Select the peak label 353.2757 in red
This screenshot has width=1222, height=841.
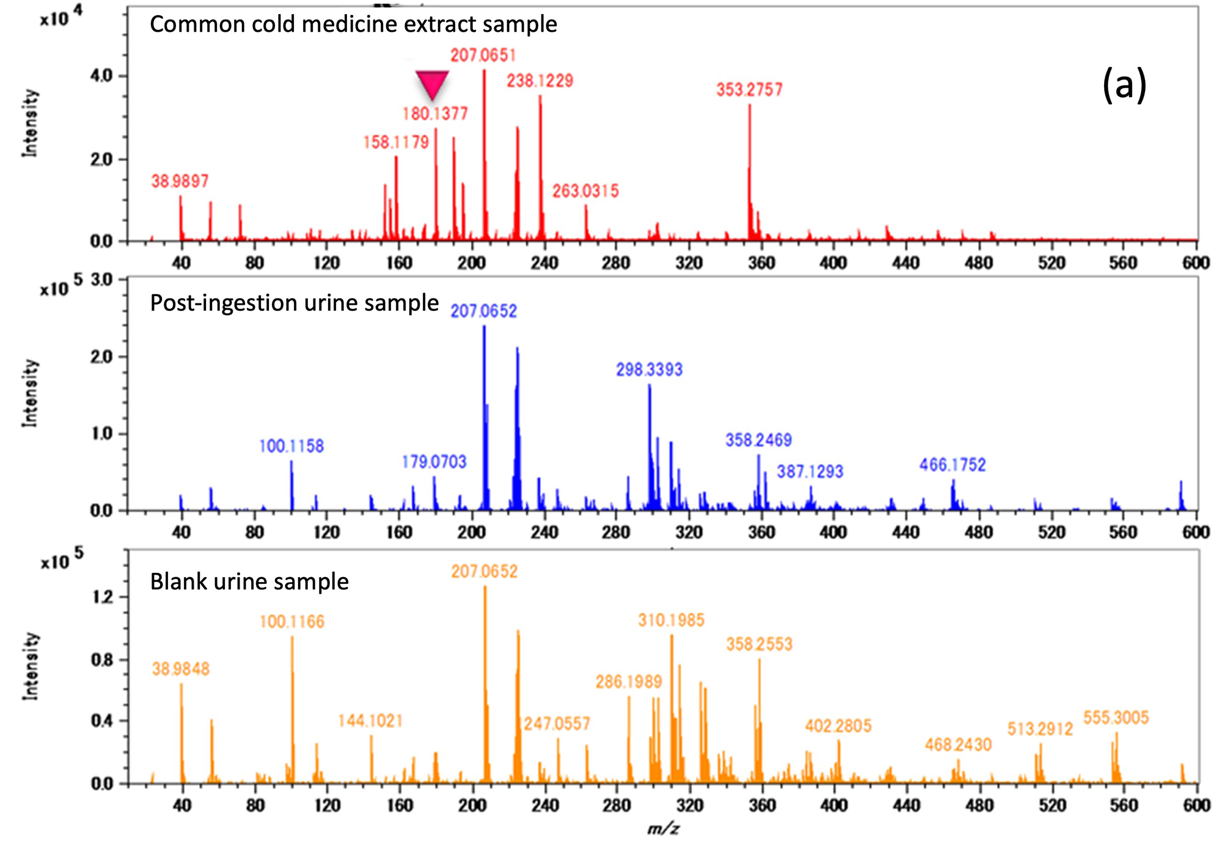[x=749, y=90]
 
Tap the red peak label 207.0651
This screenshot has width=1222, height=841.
[x=483, y=56]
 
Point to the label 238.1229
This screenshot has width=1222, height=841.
[x=540, y=81]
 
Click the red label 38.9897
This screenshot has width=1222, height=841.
[x=180, y=181]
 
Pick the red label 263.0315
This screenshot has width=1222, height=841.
[x=585, y=191]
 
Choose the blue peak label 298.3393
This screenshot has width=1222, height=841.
[x=649, y=370]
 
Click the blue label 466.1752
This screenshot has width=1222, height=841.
[x=953, y=465]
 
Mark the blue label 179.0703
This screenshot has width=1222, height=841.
[x=434, y=462]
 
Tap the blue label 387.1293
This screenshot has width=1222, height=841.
[x=810, y=471]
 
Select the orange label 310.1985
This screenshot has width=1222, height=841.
[x=671, y=621]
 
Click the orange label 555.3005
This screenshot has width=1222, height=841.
[x=1116, y=718]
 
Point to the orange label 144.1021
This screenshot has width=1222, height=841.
[x=370, y=721]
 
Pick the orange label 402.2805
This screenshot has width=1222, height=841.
[x=838, y=726]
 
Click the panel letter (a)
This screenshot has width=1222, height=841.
[x=1124, y=86]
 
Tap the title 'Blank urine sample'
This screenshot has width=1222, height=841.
[x=249, y=581]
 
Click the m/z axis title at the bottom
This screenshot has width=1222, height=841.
[x=663, y=829]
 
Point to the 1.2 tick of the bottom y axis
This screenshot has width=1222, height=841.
[x=103, y=597]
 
